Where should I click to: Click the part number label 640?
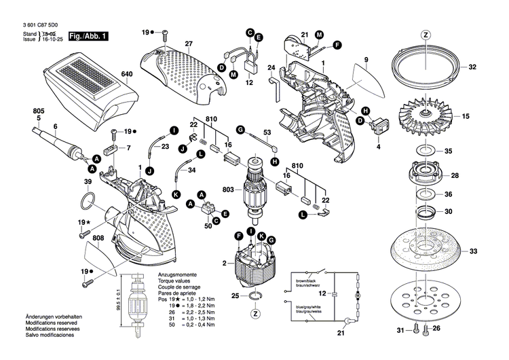pyautogui.click(x=126, y=75)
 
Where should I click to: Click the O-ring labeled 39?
pyautogui.click(x=88, y=202)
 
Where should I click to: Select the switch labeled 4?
pyautogui.click(x=377, y=126)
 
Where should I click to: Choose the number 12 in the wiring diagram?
pyautogui.click(x=323, y=293)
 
